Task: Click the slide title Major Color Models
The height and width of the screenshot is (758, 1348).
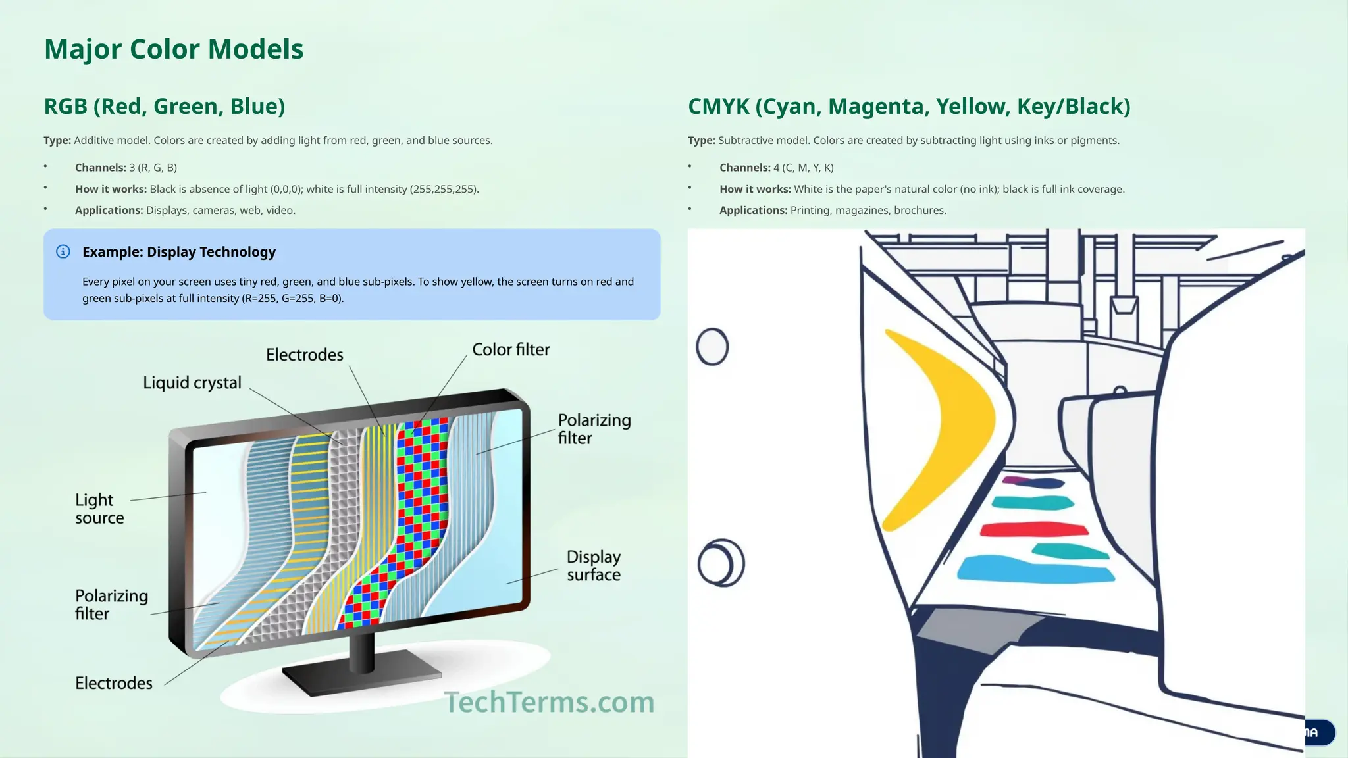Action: (x=174, y=49)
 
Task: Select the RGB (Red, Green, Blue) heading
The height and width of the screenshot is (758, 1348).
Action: (x=164, y=106)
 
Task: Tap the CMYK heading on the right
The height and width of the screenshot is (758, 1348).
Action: (x=908, y=106)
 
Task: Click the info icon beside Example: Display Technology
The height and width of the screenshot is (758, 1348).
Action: (x=63, y=252)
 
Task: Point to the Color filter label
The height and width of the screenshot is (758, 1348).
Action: (x=511, y=349)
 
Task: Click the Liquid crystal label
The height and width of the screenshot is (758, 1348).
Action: (x=192, y=382)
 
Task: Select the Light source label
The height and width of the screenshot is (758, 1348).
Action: (x=99, y=509)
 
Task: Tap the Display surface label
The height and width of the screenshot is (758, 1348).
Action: (x=593, y=565)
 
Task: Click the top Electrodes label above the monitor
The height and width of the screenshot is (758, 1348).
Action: (x=305, y=355)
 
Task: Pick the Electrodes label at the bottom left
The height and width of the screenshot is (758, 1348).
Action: (x=113, y=683)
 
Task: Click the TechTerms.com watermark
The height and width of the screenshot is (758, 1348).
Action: (x=549, y=702)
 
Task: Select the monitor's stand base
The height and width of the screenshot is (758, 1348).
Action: (x=362, y=678)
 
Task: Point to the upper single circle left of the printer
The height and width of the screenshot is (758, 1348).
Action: (x=712, y=347)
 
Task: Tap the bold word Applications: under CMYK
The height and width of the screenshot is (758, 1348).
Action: (x=753, y=211)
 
